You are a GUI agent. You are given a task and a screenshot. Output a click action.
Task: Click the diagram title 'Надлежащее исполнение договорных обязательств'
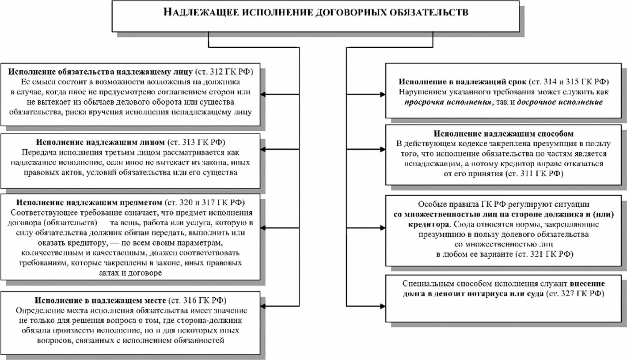tap(316, 12)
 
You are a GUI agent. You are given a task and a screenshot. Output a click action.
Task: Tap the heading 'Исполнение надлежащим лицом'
tap(100, 142)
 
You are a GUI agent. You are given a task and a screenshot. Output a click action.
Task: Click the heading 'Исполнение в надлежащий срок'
tap(462, 82)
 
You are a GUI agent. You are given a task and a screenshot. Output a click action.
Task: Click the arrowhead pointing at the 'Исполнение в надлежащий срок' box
tap(383, 94)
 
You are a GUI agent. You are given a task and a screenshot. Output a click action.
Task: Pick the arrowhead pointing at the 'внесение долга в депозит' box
tap(383, 306)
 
